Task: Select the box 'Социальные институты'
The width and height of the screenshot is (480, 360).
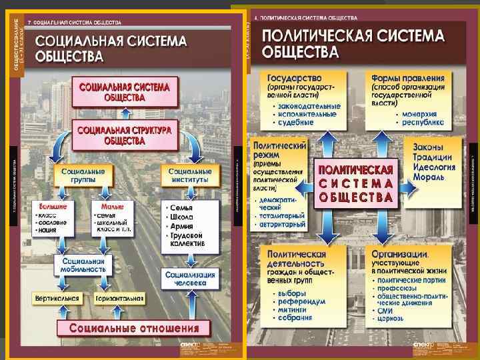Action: (x=190, y=176)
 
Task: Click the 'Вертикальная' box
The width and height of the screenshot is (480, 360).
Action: (x=57, y=299)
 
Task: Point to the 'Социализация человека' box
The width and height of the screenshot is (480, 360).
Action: (x=191, y=279)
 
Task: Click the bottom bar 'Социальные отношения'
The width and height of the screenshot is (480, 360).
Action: (x=134, y=328)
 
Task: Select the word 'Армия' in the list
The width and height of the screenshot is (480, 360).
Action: (x=182, y=227)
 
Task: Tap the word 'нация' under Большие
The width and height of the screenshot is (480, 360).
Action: (x=48, y=229)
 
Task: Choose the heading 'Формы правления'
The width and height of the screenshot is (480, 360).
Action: (x=409, y=78)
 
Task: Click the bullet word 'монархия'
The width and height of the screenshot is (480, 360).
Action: (x=422, y=114)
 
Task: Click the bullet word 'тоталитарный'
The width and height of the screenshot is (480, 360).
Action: (x=284, y=216)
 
